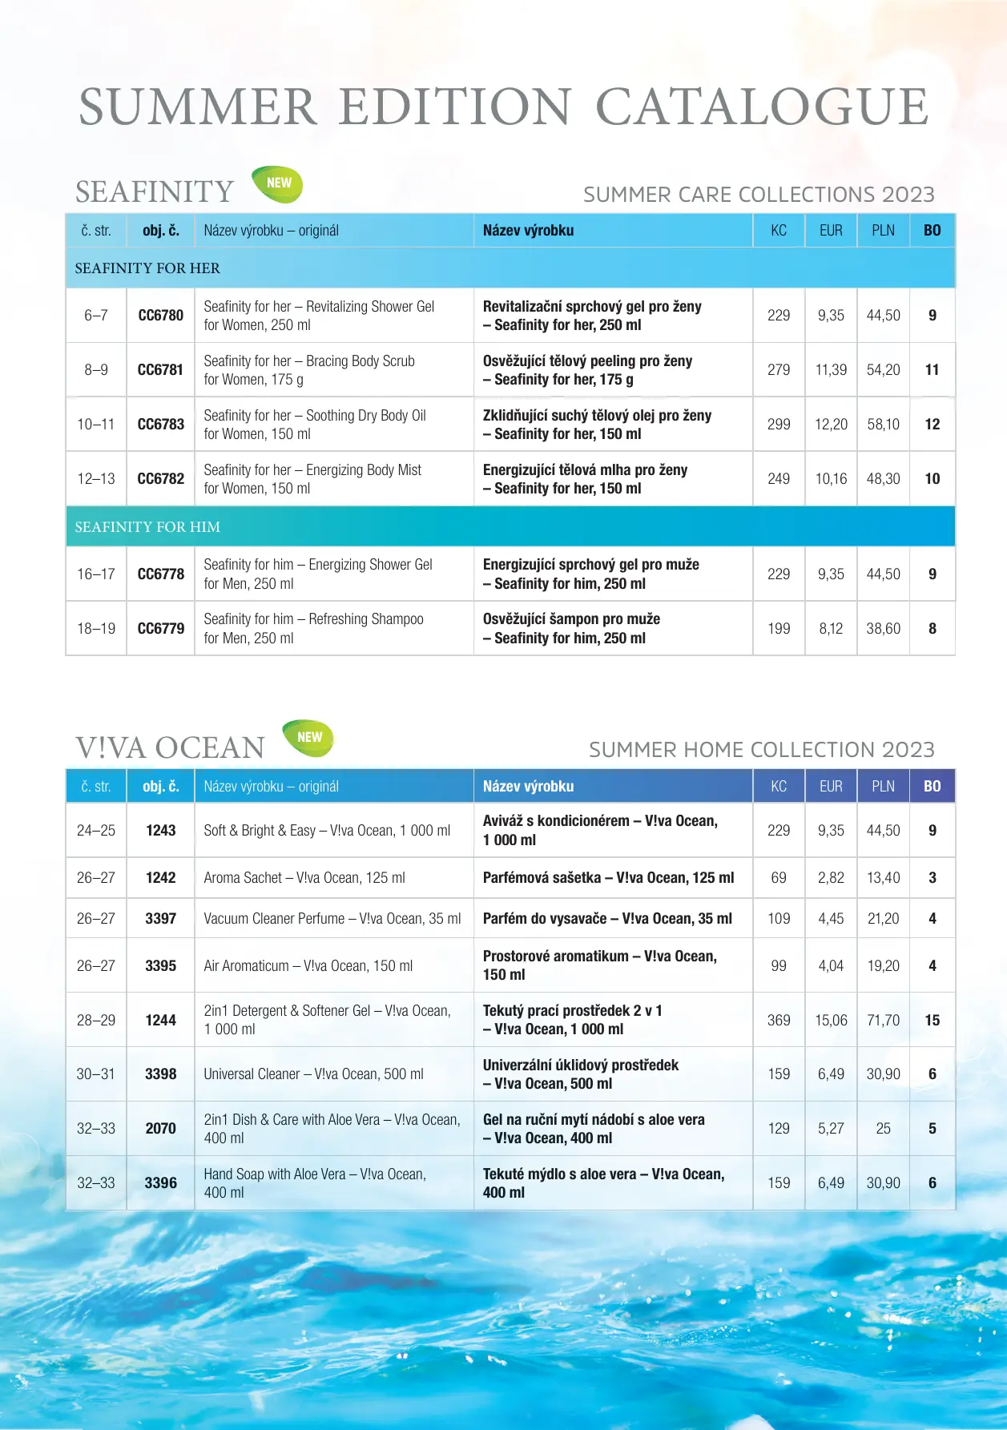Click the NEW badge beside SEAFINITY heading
[277, 183]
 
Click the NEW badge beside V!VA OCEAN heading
[308, 738]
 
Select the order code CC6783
[160, 425]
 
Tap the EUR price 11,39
[831, 370]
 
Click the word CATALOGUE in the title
[762, 107]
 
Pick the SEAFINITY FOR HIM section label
[147, 527]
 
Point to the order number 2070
[160, 1129]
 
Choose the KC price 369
[778, 1021]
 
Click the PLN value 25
[883, 1129]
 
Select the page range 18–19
[95, 629]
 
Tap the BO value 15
[932, 1021]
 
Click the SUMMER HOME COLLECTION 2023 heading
[761, 750]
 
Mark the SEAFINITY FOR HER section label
[147, 268]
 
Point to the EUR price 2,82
[831, 878]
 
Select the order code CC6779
[160, 629]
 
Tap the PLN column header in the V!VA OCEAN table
[883, 787]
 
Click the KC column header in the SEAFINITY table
[778, 231]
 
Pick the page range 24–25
[95, 831]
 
